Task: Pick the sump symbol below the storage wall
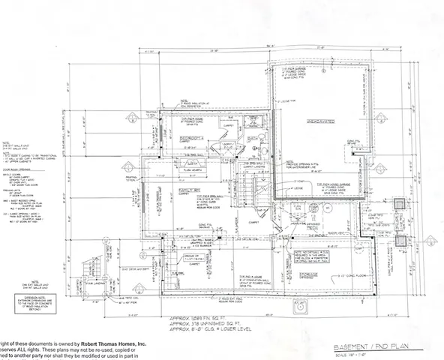click(304, 306)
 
